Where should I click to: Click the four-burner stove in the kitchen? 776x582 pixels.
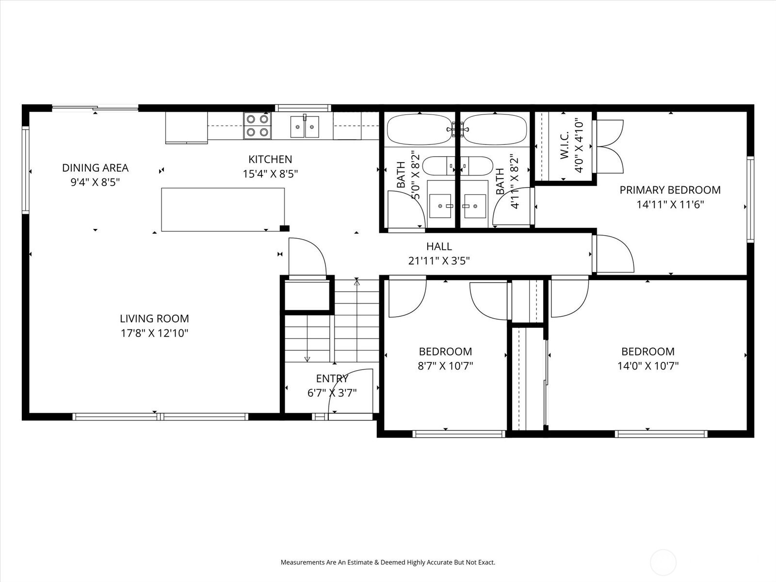pos(257,125)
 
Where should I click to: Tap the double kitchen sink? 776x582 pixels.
pos(305,127)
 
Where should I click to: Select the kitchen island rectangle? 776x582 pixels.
pos(223,210)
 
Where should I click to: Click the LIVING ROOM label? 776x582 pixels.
pos(154,319)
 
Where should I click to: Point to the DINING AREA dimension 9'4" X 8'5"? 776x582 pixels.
pos(95,182)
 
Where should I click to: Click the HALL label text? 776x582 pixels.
pos(439,246)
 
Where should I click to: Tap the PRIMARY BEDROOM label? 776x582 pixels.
pos(670,190)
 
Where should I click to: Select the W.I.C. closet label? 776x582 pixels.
pos(564,146)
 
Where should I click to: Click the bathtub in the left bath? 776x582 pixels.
pos(419,129)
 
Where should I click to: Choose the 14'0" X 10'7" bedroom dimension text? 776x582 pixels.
pos(647,366)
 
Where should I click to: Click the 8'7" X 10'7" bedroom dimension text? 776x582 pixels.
pos(445,366)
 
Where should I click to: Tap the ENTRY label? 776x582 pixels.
pos(332,379)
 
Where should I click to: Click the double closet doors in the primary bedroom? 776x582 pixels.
pos(610,146)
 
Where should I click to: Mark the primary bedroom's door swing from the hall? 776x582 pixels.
pos(614,253)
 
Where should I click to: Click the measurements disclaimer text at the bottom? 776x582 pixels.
pos(388,563)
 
